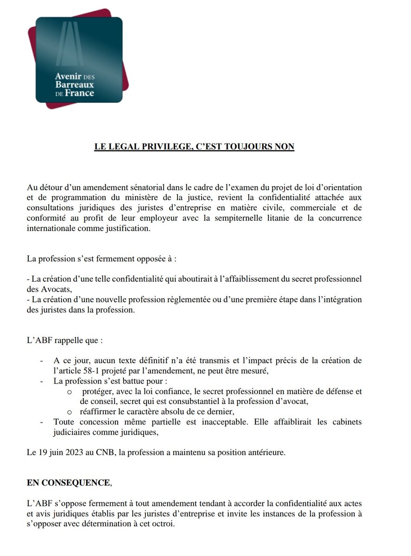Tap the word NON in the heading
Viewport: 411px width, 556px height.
coord(284,146)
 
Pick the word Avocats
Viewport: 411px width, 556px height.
coord(47,289)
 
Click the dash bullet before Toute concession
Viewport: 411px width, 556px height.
coord(43,422)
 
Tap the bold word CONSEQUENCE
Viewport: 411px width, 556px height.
coord(75,482)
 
